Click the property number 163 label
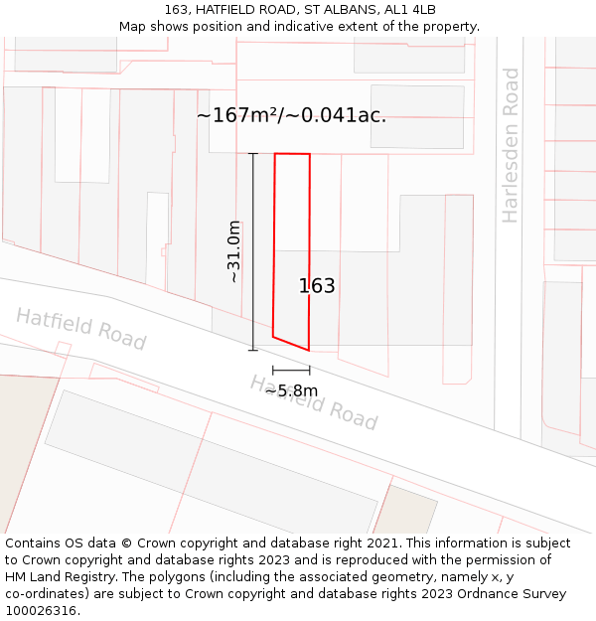pos(317,286)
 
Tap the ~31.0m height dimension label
pos(234,251)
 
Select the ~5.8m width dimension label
pos(291,390)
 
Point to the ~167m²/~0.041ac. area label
pos(291,115)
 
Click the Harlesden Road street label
pos(511,145)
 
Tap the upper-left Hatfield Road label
pos(80,328)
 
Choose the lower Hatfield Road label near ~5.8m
pos(314,402)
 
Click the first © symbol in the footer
pos(126,543)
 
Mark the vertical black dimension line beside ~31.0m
pos(252,251)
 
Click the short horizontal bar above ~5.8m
pos(291,370)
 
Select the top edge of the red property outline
pos(292,154)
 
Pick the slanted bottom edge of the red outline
pos(291,344)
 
